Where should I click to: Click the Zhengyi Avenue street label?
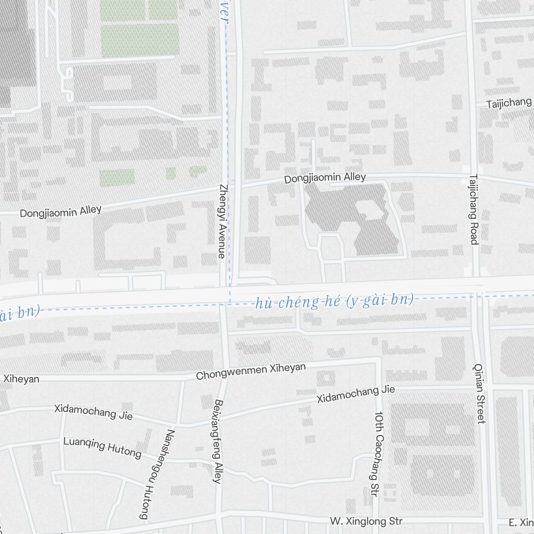point(222,222)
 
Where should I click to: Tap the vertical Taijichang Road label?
point(473,209)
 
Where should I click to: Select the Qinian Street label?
point(480,394)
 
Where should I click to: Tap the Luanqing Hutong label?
point(102,448)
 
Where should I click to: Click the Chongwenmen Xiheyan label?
point(251,371)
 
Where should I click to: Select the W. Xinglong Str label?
point(366,521)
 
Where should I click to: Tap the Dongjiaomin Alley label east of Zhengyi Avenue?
point(325,178)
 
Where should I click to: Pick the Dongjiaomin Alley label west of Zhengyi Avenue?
point(60,211)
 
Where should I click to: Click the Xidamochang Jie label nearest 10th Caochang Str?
point(356,394)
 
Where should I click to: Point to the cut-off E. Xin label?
point(521,522)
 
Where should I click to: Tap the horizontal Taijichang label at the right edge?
point(509,103)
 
